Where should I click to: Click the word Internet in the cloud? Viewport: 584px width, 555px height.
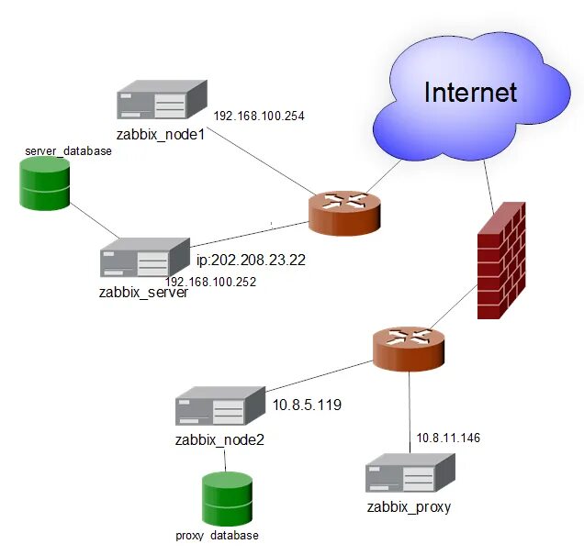pos(470,92)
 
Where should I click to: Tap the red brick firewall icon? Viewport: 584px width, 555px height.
pos(501,261)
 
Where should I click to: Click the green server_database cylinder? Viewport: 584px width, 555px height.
pos(45,183)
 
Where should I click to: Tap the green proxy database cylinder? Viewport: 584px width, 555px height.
pos(227,499)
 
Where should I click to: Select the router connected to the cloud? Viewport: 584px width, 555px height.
pos(344,214)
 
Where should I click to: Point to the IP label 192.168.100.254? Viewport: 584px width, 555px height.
pos(259,117)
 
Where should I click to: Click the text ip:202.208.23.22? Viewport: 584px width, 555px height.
pos(251,260)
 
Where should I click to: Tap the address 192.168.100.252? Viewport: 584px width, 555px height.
pos(210,282)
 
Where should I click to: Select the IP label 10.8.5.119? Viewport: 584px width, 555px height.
pos(307,404)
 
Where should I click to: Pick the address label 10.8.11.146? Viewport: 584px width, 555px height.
pos(448,438)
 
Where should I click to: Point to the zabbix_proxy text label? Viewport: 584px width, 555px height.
pos(409,506)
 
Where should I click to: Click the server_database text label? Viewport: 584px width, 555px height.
pos(68,150)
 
